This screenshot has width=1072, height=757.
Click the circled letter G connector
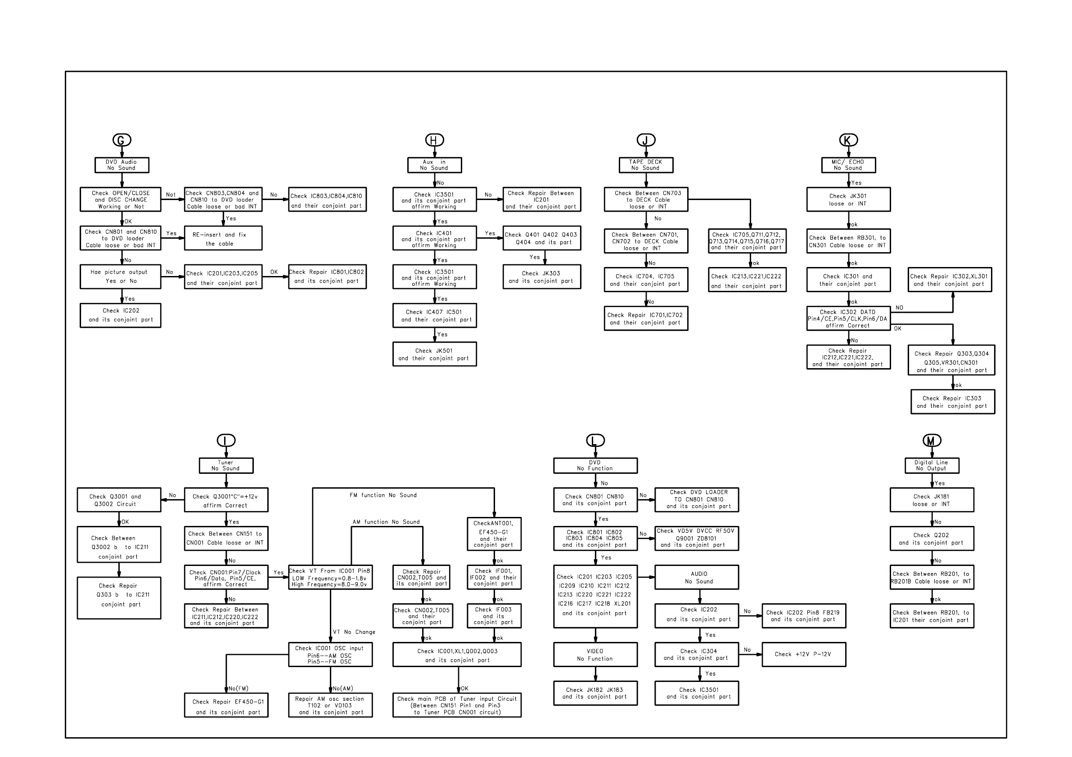pos(122,140)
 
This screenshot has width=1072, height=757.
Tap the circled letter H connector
pos(434,140)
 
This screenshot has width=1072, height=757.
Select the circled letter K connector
pos(848,140)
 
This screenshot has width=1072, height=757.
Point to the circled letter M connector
pos(932,440)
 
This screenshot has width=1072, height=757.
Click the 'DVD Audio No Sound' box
pos(122,165)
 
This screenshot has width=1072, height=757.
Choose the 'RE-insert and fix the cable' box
pos(223,238)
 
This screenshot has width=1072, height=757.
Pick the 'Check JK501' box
pos(434,355)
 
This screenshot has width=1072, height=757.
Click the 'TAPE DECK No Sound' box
pos(646,165)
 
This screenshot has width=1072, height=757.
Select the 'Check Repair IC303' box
pos(952,401)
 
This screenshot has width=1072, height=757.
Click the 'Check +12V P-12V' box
pos(803,655)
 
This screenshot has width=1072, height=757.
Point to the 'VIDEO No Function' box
pos(595,655)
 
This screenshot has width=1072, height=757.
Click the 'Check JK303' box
pos(541,277)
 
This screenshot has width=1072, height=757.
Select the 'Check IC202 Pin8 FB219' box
pos(803,616)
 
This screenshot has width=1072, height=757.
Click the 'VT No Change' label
pos(354,632)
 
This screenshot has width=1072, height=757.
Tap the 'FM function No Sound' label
pos(383,495)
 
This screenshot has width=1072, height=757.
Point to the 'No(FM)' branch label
pos(239,688)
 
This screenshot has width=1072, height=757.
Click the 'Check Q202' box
pos(932,539)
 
